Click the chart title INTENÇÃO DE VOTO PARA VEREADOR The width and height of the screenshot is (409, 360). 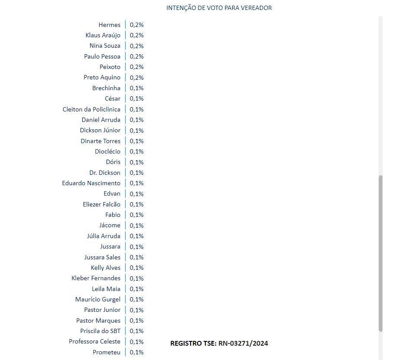coord(219,8)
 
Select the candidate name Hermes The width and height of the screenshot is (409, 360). coord(109,25)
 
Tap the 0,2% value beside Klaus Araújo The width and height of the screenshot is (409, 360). coord(136,35)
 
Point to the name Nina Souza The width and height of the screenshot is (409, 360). coord(105,46)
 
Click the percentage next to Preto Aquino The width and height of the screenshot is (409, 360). coord(136,78)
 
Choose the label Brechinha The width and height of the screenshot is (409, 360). coord(106,88)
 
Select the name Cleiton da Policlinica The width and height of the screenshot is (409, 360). coord(91,109)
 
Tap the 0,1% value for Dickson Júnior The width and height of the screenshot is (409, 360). coord(136,131)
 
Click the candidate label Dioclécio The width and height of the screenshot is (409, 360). coord(107,151)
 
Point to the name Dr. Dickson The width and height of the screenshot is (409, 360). coord(105,173)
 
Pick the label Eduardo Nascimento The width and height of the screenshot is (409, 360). coord(91,183)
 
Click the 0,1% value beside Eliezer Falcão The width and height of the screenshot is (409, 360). coord(136,204)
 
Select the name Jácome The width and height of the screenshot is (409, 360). coord(110,225)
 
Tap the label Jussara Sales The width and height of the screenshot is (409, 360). coord(102,257)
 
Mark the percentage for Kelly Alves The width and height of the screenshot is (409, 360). coord(136,268)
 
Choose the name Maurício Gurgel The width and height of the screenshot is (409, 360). coord(97,299)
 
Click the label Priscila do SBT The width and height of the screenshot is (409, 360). coord(101,331)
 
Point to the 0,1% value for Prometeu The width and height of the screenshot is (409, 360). coord(136,352)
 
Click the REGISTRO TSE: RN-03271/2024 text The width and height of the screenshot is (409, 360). coord(219,344)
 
